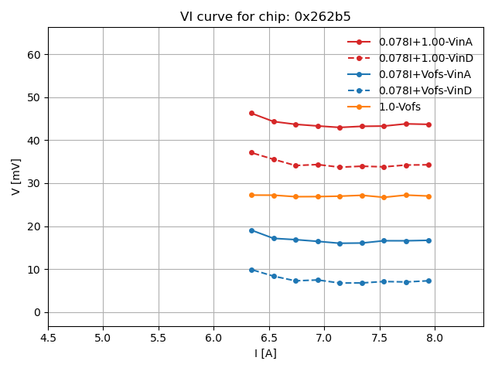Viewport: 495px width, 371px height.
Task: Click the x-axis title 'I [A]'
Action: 265,353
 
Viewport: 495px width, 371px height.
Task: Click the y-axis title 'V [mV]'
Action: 16,176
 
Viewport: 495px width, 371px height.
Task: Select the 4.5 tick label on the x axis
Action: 48,338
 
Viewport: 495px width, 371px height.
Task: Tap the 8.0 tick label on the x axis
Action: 434,338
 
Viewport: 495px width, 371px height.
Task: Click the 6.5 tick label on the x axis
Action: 269,338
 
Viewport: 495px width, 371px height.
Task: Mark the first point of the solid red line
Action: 251,113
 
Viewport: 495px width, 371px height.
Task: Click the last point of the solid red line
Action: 428,124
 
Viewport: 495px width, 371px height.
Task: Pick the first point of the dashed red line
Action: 251,152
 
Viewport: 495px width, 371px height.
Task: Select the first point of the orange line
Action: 251,195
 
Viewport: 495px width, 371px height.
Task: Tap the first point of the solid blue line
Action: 251,230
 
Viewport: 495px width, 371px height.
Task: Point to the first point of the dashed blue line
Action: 251,270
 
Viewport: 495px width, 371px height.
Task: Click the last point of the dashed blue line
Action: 428,281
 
